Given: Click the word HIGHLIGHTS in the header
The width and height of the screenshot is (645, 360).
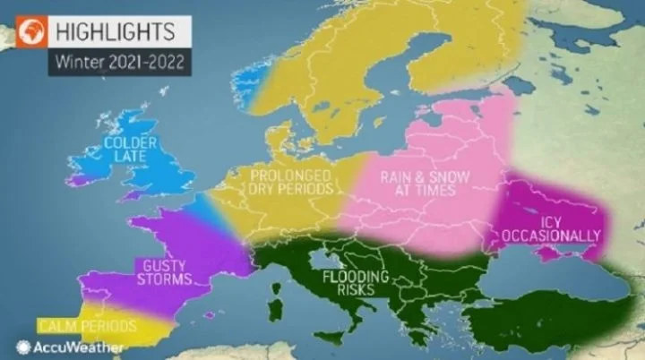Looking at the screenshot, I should pos(117,32).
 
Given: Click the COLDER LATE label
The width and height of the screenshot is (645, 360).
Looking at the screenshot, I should pos(131,149).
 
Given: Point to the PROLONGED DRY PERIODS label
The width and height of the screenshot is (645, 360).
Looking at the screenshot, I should pos(292,182).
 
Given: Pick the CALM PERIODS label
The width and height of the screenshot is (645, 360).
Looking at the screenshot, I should pos(87,324).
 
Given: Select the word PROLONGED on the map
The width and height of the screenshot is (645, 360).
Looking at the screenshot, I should pos(292,175).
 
